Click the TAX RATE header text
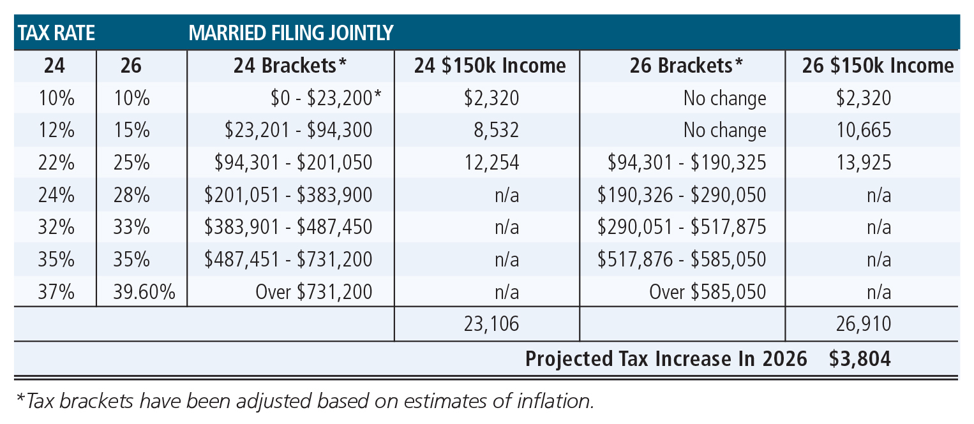click(56, 33)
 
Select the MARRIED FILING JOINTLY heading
click(290, 33)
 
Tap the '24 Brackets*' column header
click(290, 66)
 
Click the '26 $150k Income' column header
click(878, 66)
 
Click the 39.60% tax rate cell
click(141, 292)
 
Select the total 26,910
click(865, 325)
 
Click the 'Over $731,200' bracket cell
click(313, 292)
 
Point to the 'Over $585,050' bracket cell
click(707, 292)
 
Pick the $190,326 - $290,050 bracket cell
click(681, 195)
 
